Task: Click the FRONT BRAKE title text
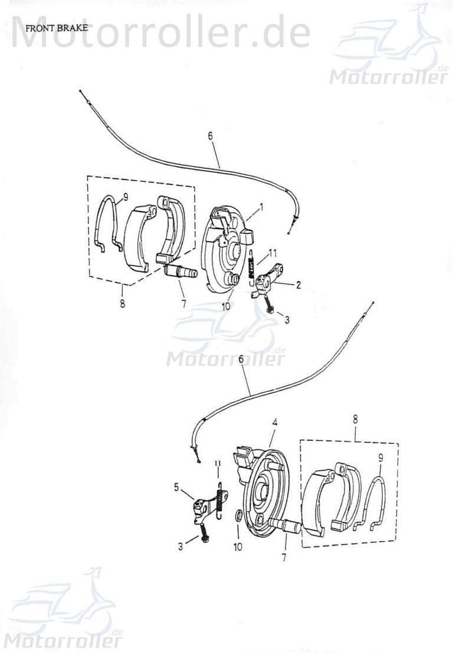pyautogui.click(x=57, y=28)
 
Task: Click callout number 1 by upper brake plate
pyautogui.click(x=262, y=205)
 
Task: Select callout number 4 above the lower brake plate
pyautogui.click(x=275, y=423)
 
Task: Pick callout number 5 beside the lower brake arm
pyautogui.click(x=176, y=487)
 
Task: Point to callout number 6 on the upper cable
pyautogui.click(x=210, y=136)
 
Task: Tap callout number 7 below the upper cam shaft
pyautogui.click(x=184, y=304)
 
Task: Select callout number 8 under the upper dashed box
pyautogui.click(x=122, y=303)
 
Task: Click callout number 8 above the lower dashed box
pyautogui.click(x=355, y=419)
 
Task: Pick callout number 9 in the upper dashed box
pyautogui.click(x=126, y=194)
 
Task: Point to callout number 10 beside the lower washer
pyautogui.click(x=238, y=546)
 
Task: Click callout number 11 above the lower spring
pyautogui.click(x=218, y=463)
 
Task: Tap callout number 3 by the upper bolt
pyautogui.click(x=287, y=320)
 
